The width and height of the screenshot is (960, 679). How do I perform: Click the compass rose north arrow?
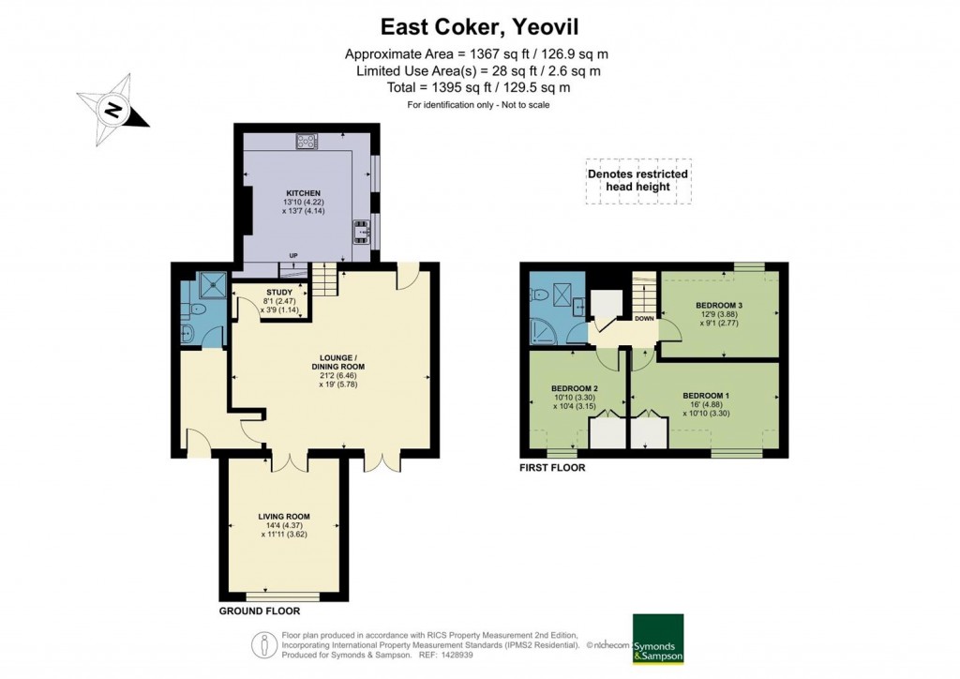tap(112, 111)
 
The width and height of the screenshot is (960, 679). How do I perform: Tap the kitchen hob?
tap(306, 142)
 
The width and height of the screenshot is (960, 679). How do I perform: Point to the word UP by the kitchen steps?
tap(293, 256)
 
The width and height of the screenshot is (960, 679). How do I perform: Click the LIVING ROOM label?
tap(284, 517)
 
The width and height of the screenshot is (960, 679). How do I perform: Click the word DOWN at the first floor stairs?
tap(644, 318)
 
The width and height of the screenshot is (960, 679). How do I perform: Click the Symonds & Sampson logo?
tap(657, 640)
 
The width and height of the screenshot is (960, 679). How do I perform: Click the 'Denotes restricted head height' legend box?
tap(637, 180)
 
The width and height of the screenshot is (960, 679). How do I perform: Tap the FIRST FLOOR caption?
tap(552, 466)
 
